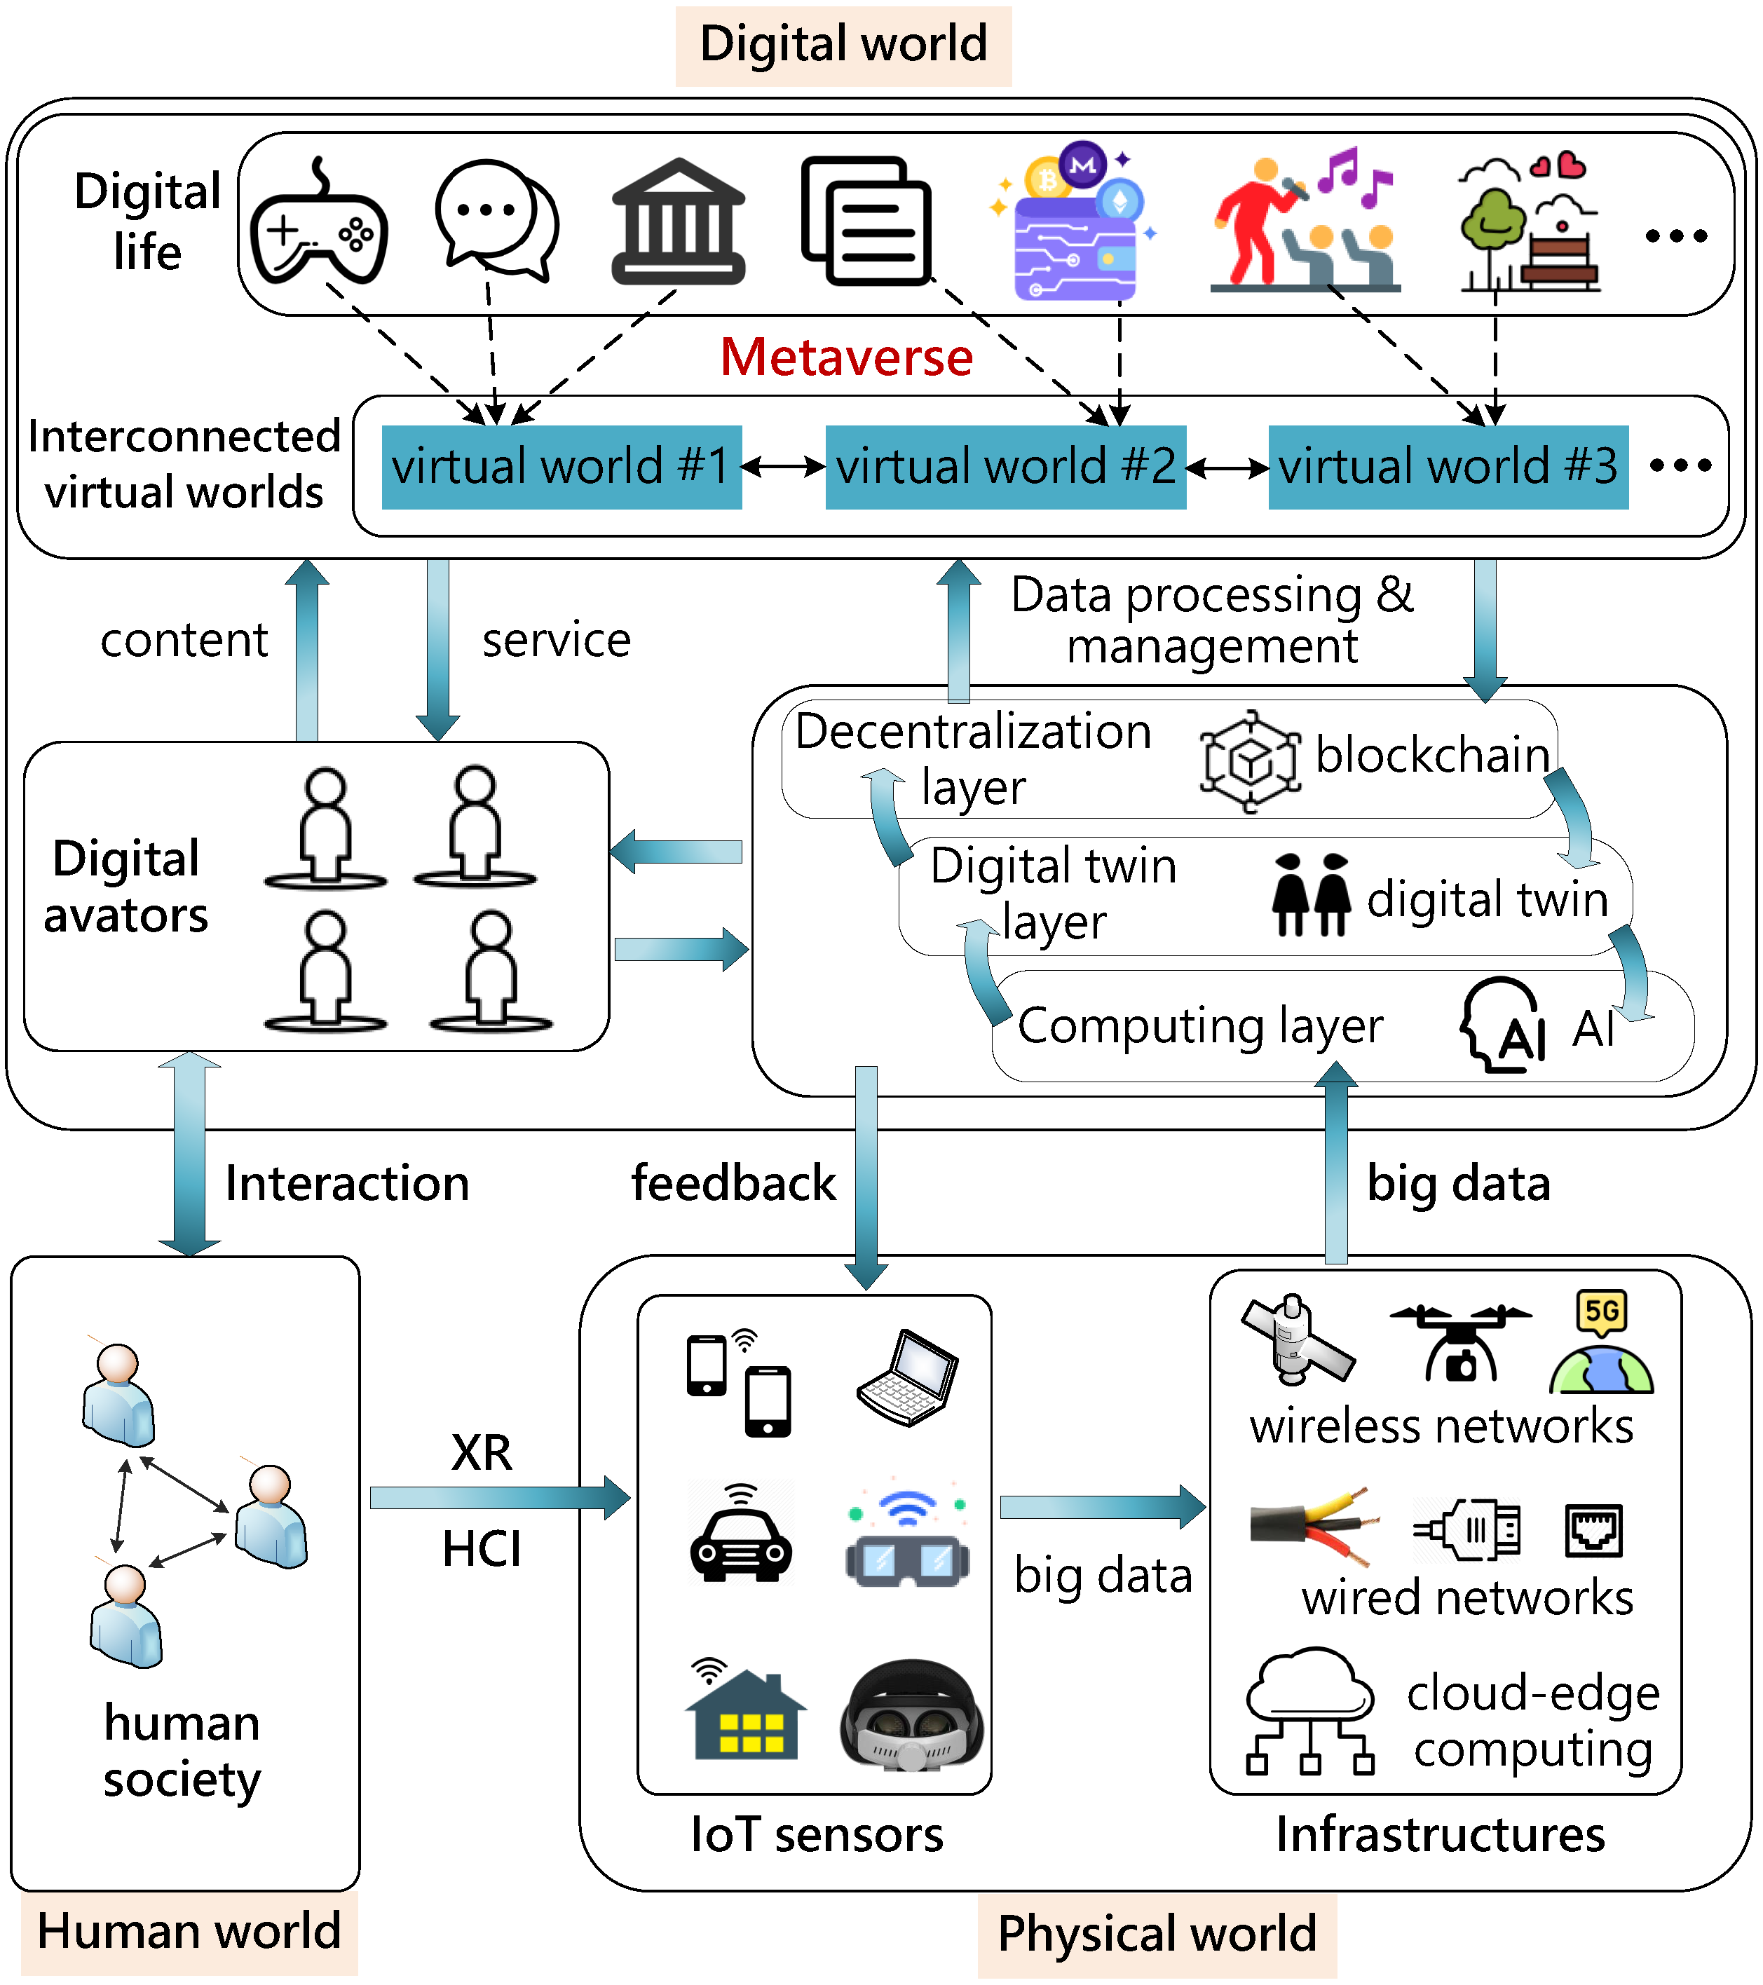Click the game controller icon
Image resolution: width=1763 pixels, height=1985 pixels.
pyautogui.click(x=319, y=225)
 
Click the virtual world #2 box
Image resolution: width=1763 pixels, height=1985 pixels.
pyautogui.click(x=1005, y=466)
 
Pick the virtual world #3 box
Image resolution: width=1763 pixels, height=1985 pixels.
pyautogui.click(x=1448, y=466)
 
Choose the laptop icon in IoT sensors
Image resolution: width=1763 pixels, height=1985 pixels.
pyautogui.click(x=908, y=1377)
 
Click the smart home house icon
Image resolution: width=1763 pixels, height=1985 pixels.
pyautogui.click(x=745, y=1714)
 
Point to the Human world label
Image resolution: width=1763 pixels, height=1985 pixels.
pyautogui.click(x=189, y=1930)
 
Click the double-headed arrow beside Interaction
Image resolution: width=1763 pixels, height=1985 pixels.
pyautogui.click(x=189, y=1154)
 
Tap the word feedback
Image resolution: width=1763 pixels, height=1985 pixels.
pyautogui.click(x=733, y=1183)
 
